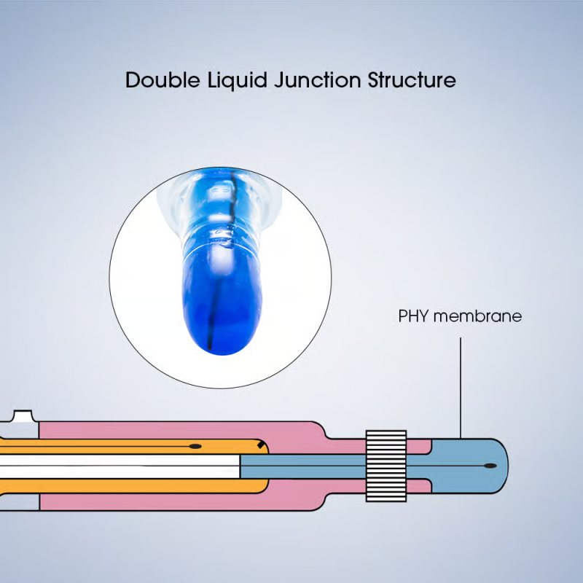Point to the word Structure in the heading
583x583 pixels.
click(x=411, y=79)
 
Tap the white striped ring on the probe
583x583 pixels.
click(x=386, y=466)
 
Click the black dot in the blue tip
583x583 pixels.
click(x=490, y=465)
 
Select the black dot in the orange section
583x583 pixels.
click(x=195, y=445)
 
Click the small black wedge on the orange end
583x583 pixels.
click(x=259, y=446)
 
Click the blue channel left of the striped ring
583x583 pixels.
click(x=306, y=465)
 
